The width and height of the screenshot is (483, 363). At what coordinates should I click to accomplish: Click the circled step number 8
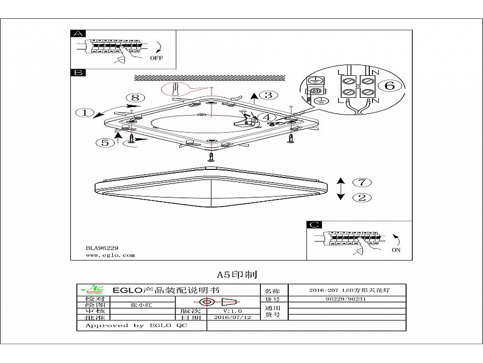[135, 97]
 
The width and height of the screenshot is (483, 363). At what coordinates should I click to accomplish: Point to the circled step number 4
[267, 117]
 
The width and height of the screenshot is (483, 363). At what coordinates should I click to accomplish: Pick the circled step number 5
[104, 143]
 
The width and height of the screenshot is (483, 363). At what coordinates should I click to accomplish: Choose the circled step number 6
[390, 86]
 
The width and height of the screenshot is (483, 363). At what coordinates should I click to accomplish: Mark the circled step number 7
[362, 182]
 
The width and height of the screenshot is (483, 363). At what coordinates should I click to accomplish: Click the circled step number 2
[362, 197]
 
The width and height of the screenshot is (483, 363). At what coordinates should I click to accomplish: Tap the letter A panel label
[78, 33]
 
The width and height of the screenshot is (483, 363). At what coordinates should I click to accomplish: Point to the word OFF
[156, 58]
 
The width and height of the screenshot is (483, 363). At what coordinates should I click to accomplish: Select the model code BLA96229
[102, 248]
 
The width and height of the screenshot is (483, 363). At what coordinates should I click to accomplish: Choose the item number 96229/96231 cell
[346, 298]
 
